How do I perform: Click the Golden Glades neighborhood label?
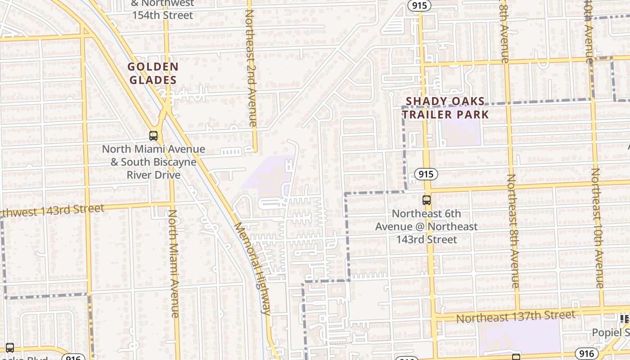[x=153, y=74]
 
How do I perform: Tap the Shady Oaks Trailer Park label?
[x=445, y=108]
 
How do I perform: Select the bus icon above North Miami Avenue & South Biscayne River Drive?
[x=153, y=135]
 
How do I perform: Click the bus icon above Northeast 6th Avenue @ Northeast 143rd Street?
[x=427, y=200]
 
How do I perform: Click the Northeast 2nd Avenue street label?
[x=251, y=67]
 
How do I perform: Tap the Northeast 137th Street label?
[x=515, y=316]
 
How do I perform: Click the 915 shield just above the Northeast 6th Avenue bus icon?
[x=426, y=174]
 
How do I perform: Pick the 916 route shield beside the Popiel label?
[x=587, y=354]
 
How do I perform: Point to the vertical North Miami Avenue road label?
[x=174, y=263]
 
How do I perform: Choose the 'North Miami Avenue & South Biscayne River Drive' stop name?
[x=153, y=162]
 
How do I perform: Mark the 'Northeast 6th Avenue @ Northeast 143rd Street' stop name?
[x=427, y=227]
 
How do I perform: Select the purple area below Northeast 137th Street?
[x=520, y=337]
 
